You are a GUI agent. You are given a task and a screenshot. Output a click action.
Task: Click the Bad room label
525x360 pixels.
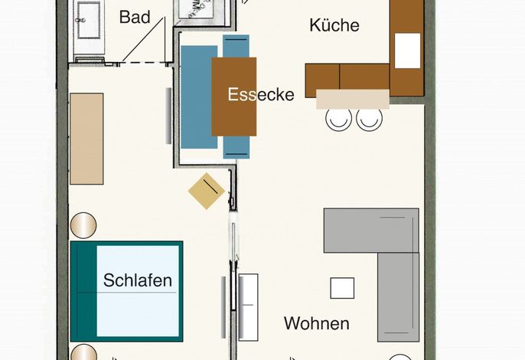click(x=135, y=17)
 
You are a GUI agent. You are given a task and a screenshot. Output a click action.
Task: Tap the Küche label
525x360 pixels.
click(x=334, y=25)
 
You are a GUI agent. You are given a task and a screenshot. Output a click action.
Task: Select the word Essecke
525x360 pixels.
click(x=261, y=94)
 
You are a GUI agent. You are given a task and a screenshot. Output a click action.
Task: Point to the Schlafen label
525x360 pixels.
click(x=138, y=280)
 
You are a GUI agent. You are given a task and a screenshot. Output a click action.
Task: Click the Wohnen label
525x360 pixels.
click(x=317, y=323)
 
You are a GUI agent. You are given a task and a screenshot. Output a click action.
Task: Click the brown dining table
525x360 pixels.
click(x=234, y=97)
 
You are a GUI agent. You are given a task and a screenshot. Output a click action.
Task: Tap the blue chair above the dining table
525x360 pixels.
click(x=236, y=46)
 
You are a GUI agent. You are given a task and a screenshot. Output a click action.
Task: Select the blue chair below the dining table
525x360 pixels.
click(x=236, y=147)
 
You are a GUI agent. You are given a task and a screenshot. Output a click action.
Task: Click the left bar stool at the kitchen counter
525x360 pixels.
click(x=339, y=119)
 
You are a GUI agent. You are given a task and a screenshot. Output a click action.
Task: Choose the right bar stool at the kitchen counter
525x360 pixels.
click(x=370, y=119)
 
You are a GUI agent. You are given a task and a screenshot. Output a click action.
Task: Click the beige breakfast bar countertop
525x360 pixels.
click(x=353, y=100)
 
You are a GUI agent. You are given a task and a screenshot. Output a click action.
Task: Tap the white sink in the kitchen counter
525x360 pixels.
click(x=407, y=51)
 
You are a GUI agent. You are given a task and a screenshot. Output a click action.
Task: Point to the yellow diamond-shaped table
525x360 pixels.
click(x=207, y=191)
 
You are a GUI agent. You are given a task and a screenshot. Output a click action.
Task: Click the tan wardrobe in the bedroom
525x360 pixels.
click(x=86, y=139)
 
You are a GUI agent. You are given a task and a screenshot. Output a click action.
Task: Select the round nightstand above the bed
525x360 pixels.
click(x=83, y=225)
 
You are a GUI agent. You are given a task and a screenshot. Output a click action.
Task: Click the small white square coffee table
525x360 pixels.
click(x=342, y=288)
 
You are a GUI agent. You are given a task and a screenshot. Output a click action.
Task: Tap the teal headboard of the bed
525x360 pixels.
click(x=84, y=291)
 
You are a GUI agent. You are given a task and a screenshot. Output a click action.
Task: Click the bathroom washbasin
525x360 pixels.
click(x=89, y=20)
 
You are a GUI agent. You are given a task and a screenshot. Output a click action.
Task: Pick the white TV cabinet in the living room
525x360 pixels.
click(x=249, y=307)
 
